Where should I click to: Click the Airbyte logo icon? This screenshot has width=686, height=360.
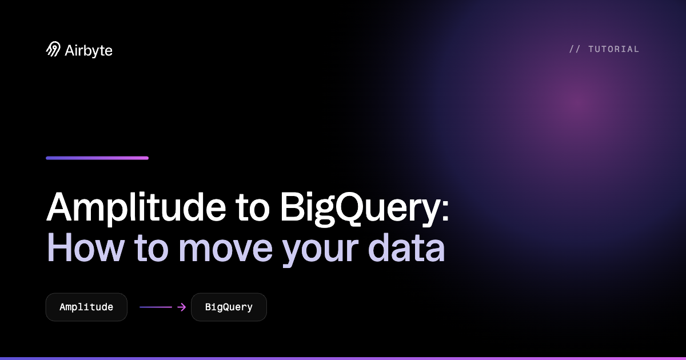53,49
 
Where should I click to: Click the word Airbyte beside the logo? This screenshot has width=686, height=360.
89,51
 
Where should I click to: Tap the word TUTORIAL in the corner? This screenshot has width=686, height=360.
614,49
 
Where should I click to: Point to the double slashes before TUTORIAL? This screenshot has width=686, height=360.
575,49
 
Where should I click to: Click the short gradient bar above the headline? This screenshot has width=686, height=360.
97,158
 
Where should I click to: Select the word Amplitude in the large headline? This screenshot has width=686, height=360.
136,207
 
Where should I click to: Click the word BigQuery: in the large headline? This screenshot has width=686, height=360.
365,208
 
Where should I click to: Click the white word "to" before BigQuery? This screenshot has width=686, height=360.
252,208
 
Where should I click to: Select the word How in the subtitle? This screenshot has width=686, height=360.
85,248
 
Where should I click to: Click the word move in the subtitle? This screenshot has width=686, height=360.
226,250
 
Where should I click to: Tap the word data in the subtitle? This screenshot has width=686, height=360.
406,248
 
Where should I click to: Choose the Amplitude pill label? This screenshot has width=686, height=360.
86,307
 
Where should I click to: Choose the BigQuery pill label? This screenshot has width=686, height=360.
229,307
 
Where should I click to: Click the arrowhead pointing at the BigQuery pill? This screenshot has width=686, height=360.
182,307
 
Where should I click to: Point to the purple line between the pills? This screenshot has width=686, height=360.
155,307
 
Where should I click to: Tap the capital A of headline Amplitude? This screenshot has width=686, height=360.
59,206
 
